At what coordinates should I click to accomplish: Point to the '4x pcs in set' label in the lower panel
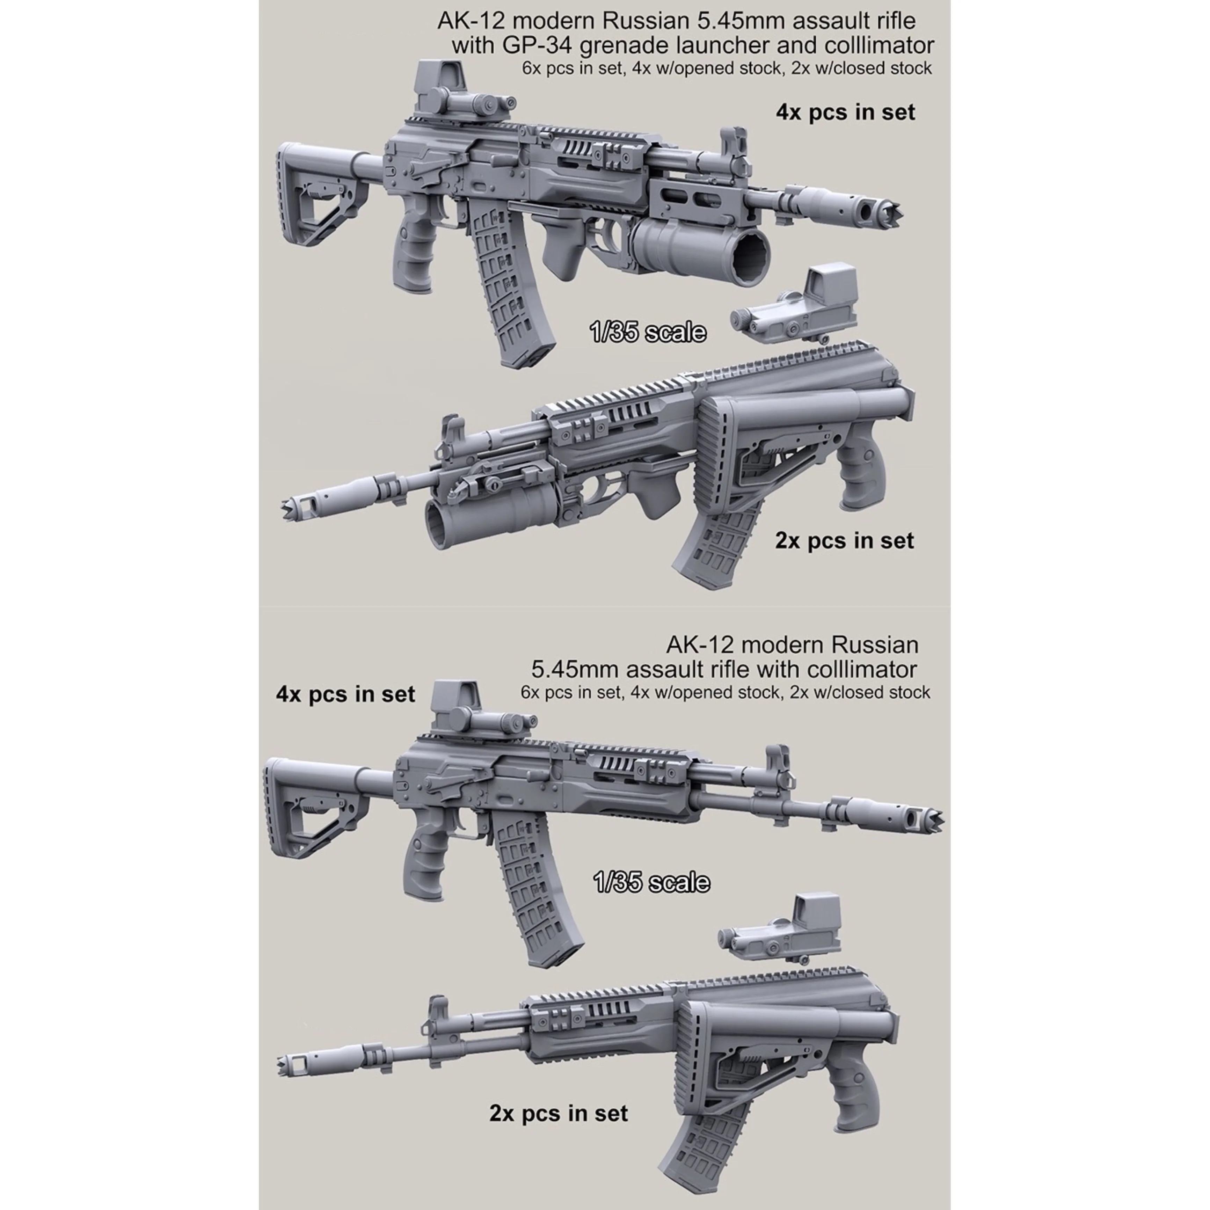click(x=345, y=694)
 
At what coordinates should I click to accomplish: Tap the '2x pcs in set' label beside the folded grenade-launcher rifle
click(x=844, y=540)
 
